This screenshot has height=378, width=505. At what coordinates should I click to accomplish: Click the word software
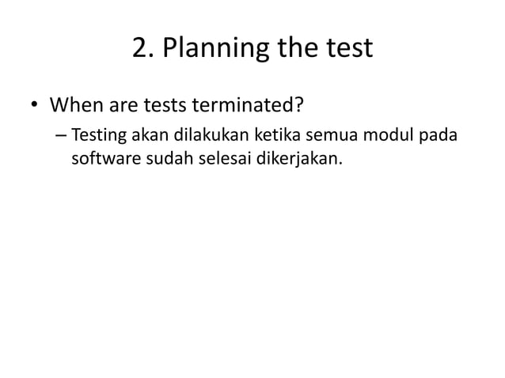(104, 161)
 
